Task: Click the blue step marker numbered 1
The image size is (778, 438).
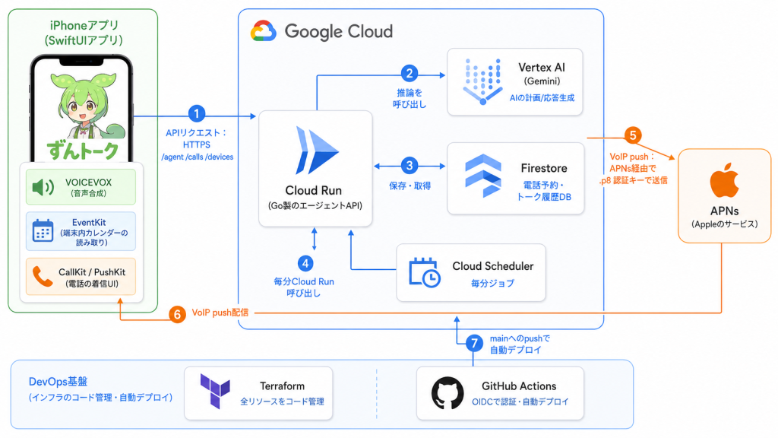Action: coord(197,114)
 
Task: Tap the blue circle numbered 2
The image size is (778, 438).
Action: coord(410,74)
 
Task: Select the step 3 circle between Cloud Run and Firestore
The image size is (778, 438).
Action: coord(410,165)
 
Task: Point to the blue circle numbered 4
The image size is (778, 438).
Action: coord(305,263)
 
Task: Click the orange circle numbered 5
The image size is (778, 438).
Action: coord(633,135)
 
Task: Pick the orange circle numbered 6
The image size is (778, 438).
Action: coord(177,314)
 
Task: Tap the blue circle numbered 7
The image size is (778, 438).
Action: coord(474,343)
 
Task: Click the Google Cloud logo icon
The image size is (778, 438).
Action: coord(263,31)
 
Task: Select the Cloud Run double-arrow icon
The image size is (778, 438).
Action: coord(315,151)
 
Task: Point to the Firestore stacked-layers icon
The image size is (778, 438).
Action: coord(482,176)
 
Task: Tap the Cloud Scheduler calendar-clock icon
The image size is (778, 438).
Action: coord(424,273)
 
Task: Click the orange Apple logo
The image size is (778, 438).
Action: coord(724,180)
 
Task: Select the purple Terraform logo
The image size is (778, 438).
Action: coord(215,392)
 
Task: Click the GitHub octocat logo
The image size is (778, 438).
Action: coord(448,393)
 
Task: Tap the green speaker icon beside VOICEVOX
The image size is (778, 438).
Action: coord(43,187)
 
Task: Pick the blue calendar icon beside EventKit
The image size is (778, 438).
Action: coord(43,230)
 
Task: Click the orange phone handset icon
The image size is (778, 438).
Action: coord(43,277)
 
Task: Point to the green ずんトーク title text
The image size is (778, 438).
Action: coord(83,151)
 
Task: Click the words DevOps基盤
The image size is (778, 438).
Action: coord(58,382)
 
